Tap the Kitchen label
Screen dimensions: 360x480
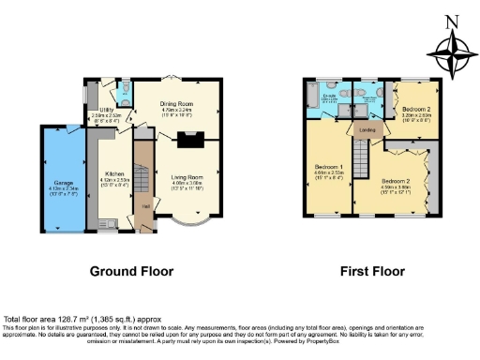point(114,175)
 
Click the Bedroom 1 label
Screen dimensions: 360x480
point(327,172)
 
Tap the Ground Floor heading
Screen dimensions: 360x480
point(131,272)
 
